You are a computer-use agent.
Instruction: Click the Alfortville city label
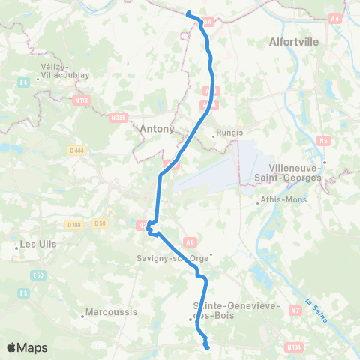tap(295, 43)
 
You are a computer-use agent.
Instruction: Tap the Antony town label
tap(157, 129)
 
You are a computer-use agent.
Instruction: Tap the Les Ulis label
tap(31, 244)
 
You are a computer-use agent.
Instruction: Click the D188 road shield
tap(73, 224)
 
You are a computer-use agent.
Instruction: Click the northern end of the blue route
tap(188, 13)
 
